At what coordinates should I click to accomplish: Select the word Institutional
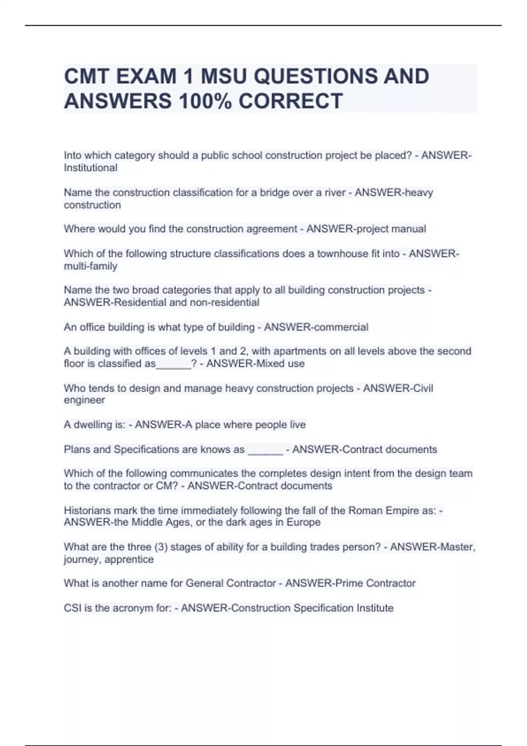90,168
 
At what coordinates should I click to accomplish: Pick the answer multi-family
90,266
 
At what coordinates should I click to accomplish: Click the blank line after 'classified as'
173,364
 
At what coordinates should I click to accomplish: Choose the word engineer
84,400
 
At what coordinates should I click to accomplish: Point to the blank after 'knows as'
265,450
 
